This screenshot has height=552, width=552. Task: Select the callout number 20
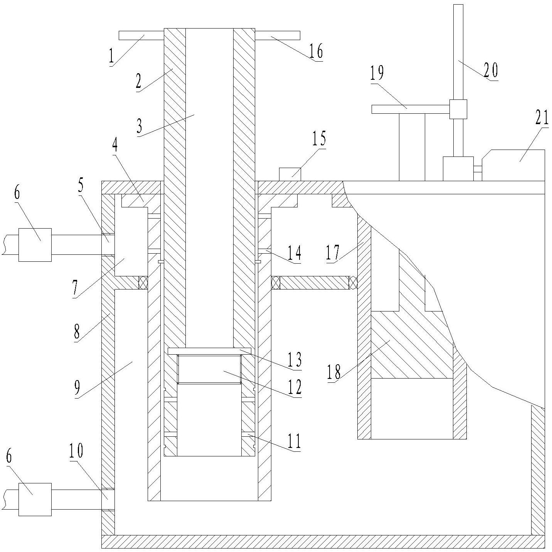pyautogui.click(x=491, y=70)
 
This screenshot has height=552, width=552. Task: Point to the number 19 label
pyautogui.click(x=377, y=73)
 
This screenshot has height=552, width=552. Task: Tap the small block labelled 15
pyautogui.click(x=290, y=174)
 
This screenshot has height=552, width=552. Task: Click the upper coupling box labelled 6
pyautogui.click(x=35, y=245)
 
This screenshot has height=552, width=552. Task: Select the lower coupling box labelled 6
pyautogui.click(x=35, y=500)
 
